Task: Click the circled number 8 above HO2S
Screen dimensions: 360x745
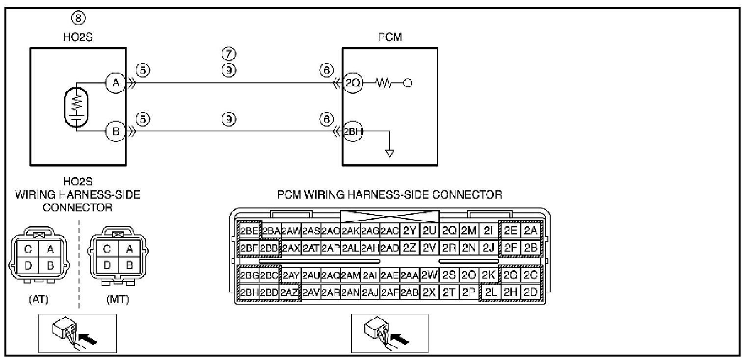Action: pos(79,19)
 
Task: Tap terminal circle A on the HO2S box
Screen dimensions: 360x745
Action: pos(116,83)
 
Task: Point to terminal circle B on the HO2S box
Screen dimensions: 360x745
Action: pos(116,131)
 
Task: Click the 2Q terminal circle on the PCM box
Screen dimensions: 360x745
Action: pos(352,83)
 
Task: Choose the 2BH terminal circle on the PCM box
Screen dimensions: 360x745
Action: pos(352,131)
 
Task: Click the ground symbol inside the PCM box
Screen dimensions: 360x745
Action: pos(390,153)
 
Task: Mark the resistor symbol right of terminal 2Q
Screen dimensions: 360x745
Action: pos(383,83)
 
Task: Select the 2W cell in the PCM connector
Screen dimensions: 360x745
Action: pos(429,275)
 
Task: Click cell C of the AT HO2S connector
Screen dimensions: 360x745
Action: pos(28,249)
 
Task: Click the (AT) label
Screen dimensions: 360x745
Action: pos(39,300)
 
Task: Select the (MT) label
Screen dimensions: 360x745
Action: pos(117,300)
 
